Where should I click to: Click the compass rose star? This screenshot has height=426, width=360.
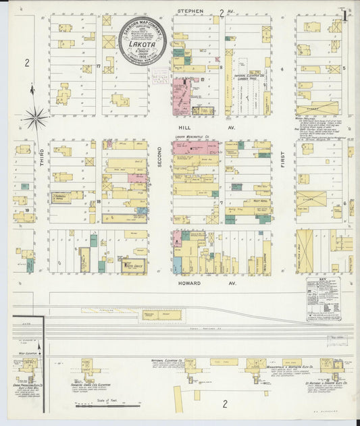click(x=35, y=118)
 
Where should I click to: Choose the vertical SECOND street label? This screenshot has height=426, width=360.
click(x=160, y=155)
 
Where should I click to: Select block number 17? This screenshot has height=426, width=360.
click(x=98, y=65)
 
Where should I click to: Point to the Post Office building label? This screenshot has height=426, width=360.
click(x=131, y=264)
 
